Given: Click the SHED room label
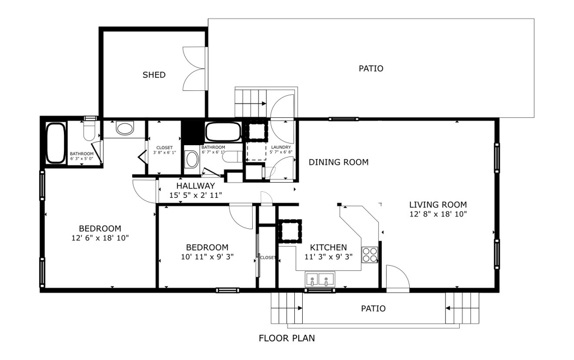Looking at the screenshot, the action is pos(154,75).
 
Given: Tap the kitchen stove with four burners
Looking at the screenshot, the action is pos(370,255).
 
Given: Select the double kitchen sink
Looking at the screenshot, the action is pos(320,279).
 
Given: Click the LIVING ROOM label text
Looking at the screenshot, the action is pos(438,205).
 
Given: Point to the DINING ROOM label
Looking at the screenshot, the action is pos(339,162).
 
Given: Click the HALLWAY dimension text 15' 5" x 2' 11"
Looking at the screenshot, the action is pos(196,195).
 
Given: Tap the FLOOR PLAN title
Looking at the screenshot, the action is pos(286,338).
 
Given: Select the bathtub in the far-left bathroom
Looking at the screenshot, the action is pos(55,143).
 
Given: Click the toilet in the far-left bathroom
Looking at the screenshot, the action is pos(89,131).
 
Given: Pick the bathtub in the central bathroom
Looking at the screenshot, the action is pos(223,132).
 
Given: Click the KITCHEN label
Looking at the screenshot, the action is pos(328,247).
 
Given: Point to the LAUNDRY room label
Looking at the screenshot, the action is pos(281,147).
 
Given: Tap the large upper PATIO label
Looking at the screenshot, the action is pos(371,68).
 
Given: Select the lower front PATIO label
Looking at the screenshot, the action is pos(373,309).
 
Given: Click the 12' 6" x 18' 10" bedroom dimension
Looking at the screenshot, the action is pos(100,238).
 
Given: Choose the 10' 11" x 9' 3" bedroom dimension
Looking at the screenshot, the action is pos(207,257).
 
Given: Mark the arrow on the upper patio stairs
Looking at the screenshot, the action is pos(260,104).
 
